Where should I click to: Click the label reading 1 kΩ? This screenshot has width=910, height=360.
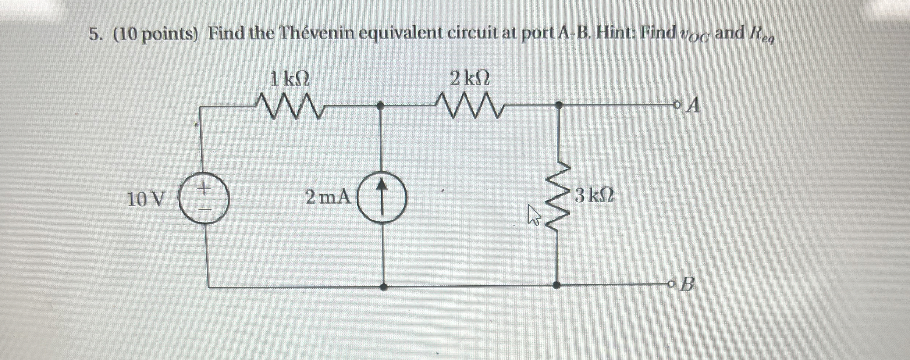click(x=289, y=79)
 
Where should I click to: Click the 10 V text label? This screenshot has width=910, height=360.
click(x=146, y=200)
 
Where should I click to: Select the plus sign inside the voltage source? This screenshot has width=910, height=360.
click(x=203, y=189)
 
